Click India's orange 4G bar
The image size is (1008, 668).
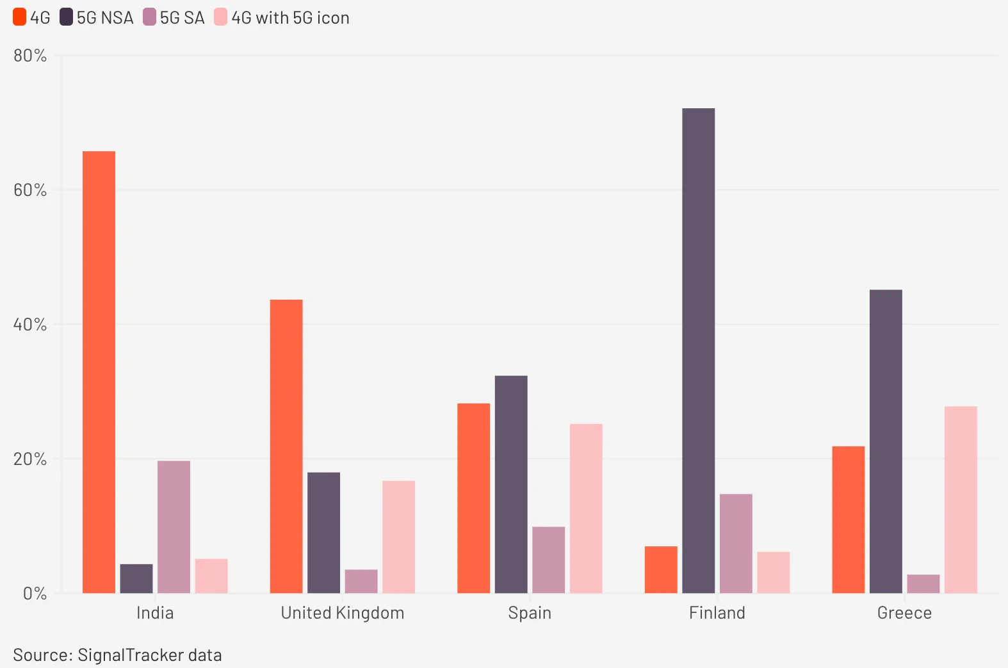pyautogui.click(x=99, y=371)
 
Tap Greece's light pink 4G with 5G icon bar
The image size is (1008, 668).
pyautogui.click(x=960, y=500)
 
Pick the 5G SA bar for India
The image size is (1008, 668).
pyautogui.click(x=174, y=526)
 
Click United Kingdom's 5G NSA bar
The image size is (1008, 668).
pyautogui.click(x=323, y=532)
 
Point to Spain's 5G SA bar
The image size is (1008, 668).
pyautogui.click(x=548, y=560)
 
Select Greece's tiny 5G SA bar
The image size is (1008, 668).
pyautogui.click(x=923, y=583)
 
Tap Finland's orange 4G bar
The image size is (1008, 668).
pyautogui.click(x=660, y=569)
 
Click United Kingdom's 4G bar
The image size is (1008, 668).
pyautogui.click(x=286, y=446)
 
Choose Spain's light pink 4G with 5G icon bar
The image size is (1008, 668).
pyautogui.click(x=586, y=508)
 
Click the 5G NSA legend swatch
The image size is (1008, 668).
pyautogui.click(x=66, y=17)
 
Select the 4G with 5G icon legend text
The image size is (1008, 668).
pyautogui.click(x=290, y=18)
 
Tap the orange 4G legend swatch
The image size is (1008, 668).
pyautogui.click(x=20, y=17)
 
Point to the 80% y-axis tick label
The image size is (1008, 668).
pyautogui.click(x=30, y=56)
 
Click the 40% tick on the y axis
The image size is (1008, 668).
pyautogui.click(x=30, y=325)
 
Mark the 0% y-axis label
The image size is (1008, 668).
pyautogui.click(x=35, y=594)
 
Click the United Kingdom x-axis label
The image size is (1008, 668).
pyautogui.click(x=342, y=613)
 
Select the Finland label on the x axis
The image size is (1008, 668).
pyautogui.click(x=717, y=613)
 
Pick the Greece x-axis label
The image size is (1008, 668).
pyautogui.click(x=904, y=613)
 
